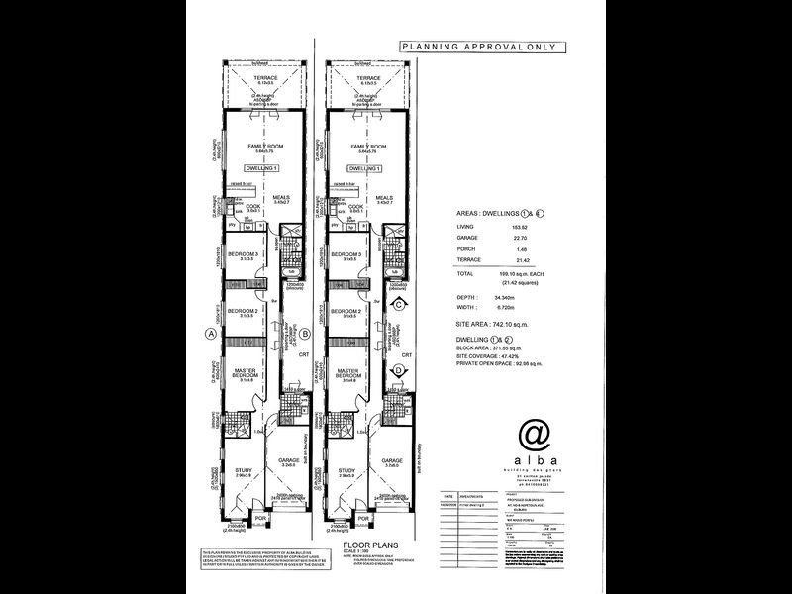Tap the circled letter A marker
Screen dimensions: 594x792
[x=209, y=334]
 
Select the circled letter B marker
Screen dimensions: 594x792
[x=306, y=334]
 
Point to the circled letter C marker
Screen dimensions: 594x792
[x=397, y=306]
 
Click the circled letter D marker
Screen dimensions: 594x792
[x=397, y=371]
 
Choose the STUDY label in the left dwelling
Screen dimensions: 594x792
[x=241, y=471]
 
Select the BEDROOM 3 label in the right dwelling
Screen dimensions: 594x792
[x=347, y=254]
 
